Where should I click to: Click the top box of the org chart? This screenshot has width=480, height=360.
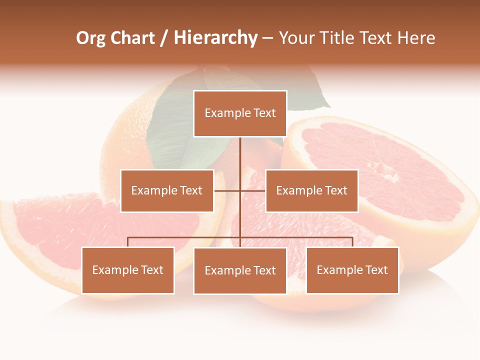[240, 113]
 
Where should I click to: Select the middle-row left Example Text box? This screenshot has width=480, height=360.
[167, 190]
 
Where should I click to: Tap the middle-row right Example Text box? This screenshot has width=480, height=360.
[311, 190]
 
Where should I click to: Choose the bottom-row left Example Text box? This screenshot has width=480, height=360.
[128, 270]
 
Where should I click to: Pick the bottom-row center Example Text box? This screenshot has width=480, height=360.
[240, 270]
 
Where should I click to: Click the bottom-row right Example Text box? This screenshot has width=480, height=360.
[352, 270]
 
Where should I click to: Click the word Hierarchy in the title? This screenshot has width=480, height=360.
[215, 38]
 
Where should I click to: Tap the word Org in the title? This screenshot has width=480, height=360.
[90, 38]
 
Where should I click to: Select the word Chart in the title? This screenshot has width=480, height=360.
[133, 38]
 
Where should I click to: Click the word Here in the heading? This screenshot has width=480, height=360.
[416, 38]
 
